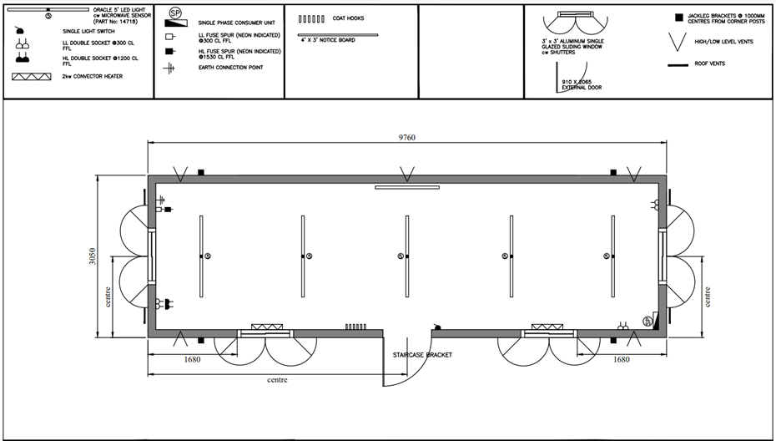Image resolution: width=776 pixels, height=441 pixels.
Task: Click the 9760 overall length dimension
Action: (407, 137)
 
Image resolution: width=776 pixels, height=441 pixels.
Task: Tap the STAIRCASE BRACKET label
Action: (422, 355)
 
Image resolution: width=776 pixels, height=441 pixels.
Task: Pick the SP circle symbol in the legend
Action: (175, 14)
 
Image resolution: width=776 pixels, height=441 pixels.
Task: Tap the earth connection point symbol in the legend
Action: (168, 68)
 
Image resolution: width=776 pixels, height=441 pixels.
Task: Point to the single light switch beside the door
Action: (436, 326)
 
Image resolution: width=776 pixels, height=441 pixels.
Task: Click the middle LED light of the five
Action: (406, 256)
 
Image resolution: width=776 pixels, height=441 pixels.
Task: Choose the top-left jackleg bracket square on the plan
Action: (201, 172)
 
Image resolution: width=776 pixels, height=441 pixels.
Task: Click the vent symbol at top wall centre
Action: (406, 174)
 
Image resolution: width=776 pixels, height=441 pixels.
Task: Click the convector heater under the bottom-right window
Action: (548, 327)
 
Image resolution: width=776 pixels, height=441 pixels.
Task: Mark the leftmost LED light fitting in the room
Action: (201, 256)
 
